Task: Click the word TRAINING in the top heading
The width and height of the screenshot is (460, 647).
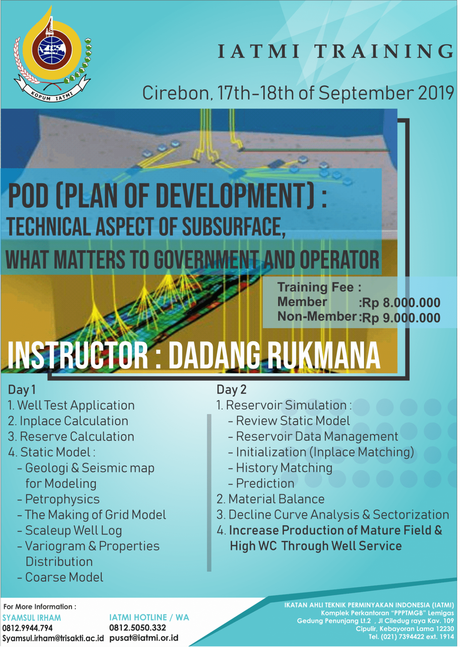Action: (x=385, y=51)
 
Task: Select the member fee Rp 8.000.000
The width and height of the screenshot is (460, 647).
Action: (x=399, y=303)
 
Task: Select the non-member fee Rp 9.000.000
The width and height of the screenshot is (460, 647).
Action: (x=399, y=317)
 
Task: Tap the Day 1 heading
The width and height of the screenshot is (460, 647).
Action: (x=22, y=390)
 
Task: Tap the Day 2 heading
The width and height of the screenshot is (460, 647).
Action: (x=232, y=390)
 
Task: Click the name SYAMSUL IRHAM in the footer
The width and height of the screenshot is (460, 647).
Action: (x=32, y=618)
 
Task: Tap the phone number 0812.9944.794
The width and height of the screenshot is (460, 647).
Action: (x=28, y=628)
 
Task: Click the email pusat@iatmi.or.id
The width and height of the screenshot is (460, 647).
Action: (x=144, y=638)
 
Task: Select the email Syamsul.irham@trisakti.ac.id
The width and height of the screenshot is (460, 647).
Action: (x=53, y=638)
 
